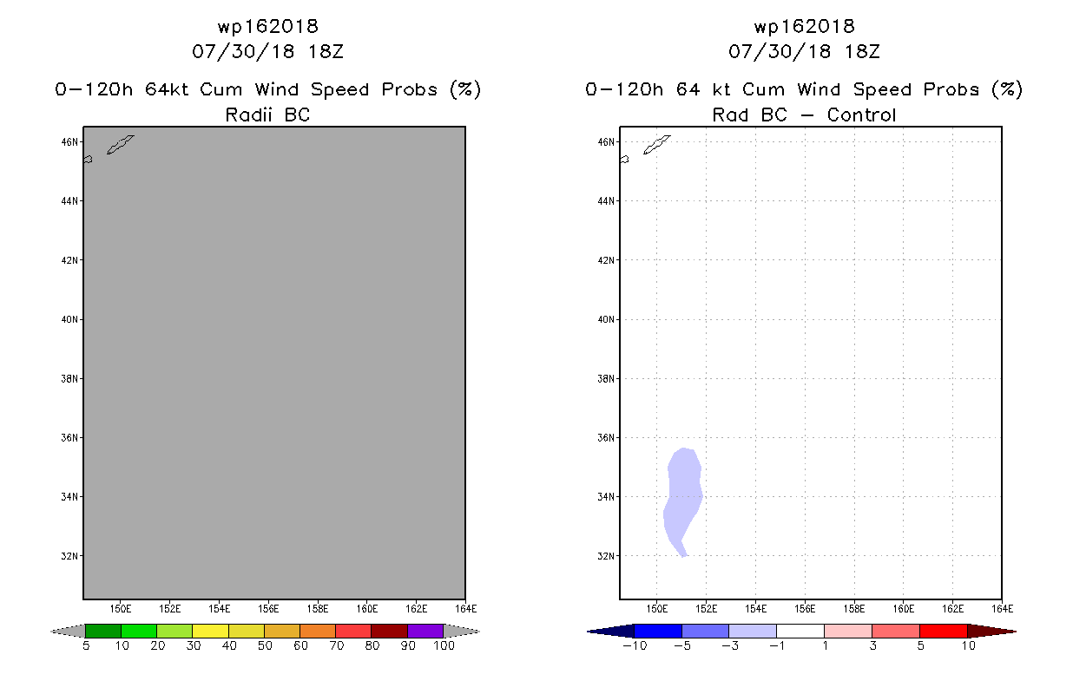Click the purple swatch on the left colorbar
pos(425,631)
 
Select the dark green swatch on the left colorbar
pos(103,631)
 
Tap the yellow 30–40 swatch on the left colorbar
pos(210,631)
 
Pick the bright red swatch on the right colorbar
pos(944,631)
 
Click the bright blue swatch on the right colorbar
pos(658,631)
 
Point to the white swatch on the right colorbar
pos(800,631)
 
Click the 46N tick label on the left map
pos(69,141)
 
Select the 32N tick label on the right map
pos(606,556)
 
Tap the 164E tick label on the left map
pos(465,609)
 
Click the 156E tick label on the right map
pos(805,609)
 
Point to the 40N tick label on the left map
pos(69,319)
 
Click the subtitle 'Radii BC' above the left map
pos(267,115)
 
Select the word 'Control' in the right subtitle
pos(861,115)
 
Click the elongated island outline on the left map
pos(120,145)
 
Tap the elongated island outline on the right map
pos(656,145)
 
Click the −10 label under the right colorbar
pos(635,646)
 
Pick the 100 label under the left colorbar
pos(444,646)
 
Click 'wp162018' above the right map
pos(805,26)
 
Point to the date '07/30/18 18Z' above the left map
pos(267,52)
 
